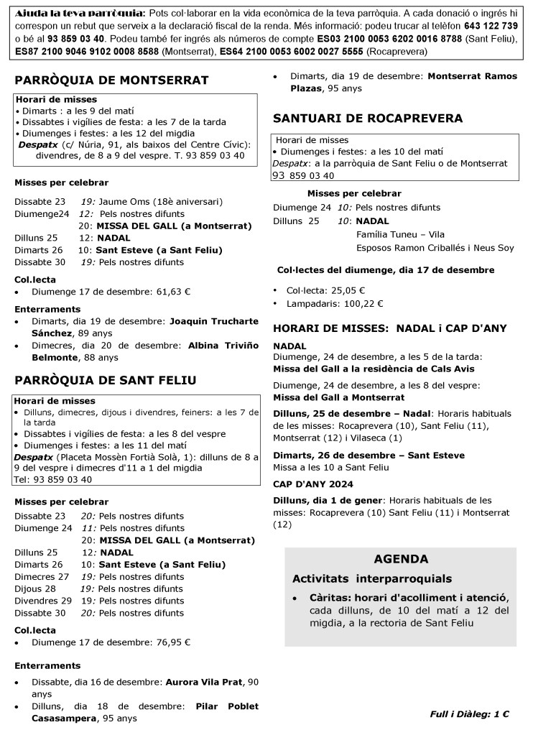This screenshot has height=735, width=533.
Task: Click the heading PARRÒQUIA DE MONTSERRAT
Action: click(111, 80)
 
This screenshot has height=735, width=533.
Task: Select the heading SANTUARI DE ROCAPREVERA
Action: click(368, 118)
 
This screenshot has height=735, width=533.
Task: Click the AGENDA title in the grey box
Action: click(401, 559)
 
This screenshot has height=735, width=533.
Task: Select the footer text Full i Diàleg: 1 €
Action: click(470, 714)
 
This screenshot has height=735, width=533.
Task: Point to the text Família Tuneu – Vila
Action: click(400, 234)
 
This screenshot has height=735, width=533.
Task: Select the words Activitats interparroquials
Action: click(372, 578)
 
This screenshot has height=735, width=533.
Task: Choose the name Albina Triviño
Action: click(223, 345)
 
